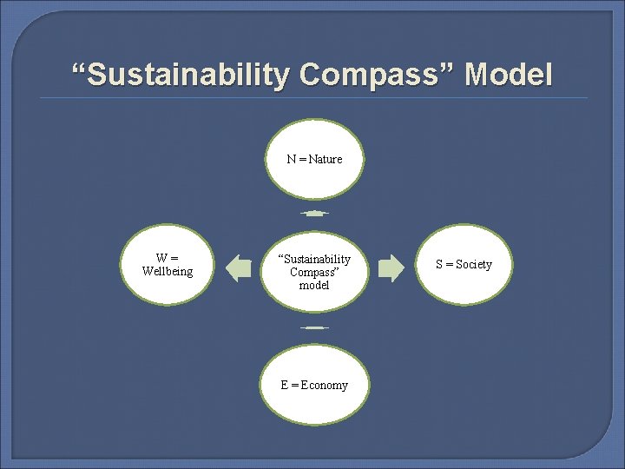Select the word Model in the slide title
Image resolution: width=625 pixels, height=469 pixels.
point(509,75)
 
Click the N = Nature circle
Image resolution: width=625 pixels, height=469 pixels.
point(314,159)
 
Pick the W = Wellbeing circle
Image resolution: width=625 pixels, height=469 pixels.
point(168,265)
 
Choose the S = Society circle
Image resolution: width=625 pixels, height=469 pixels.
point(464,264)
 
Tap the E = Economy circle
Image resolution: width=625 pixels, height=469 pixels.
point(314,385)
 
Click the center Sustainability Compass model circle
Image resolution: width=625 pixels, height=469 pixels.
point(314,271)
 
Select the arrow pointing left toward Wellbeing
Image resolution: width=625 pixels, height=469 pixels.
point(238,268)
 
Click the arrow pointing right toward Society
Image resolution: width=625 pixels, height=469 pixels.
point(391,268)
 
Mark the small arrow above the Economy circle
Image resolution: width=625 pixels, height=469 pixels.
point(314,327)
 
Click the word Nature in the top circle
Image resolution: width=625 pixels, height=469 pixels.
point(326,159)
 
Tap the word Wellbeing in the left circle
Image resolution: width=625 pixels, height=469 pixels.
point(168,272)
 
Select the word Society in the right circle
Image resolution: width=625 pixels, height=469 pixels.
point(473,264)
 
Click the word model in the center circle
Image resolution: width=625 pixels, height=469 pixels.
point(314,285)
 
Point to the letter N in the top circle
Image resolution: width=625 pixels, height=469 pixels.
point(292,159)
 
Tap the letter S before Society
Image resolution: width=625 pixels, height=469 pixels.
point(439,264)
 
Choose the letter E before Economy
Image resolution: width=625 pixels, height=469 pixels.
point(285,385)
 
